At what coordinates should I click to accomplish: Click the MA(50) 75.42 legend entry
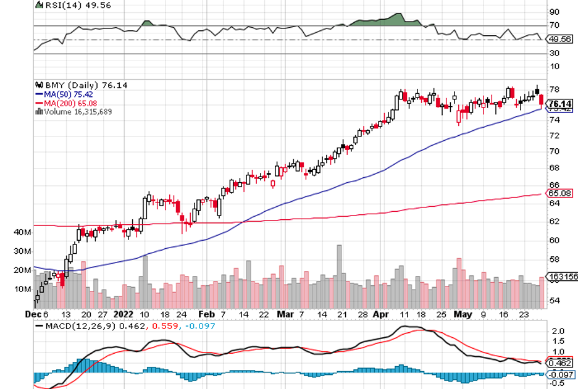(x=65, y=94)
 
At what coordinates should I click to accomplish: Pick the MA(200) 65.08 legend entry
(x=67, y=102)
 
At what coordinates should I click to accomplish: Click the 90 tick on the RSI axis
(x=555, y=12)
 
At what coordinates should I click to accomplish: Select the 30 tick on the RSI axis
(x=555, y=53)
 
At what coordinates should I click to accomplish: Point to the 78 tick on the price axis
(x=555, y=89)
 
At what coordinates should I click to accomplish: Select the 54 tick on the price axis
(x=555, y=300)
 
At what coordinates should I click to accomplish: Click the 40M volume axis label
(x=22, y=232)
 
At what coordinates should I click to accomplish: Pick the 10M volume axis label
(x=22, y=288)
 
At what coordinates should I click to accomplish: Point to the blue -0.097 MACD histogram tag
(x=561, y=374)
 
